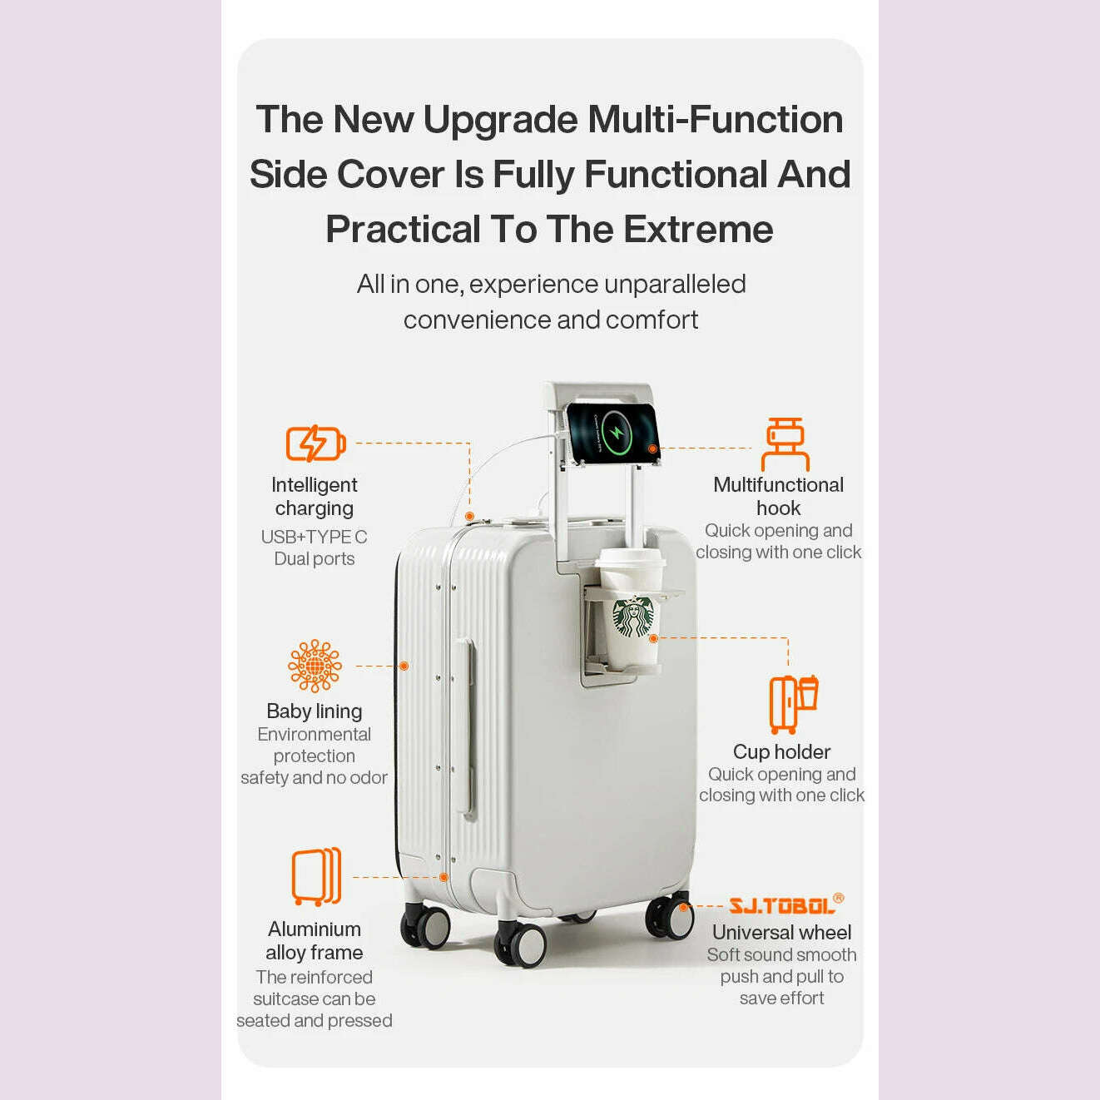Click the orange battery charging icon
[315, 443]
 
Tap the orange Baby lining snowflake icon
[315, 666]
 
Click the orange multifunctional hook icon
[785, 444]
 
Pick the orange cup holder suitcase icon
[794, 705]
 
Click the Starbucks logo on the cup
[633, 617]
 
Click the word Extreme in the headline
[698, 230]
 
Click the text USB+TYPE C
[314, 537]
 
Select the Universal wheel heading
[781, 932]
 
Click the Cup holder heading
[781, 752]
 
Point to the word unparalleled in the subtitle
[675, 284]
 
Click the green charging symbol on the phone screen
[616, 432]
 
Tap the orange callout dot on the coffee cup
[654, 639]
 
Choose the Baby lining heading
[315, 711]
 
